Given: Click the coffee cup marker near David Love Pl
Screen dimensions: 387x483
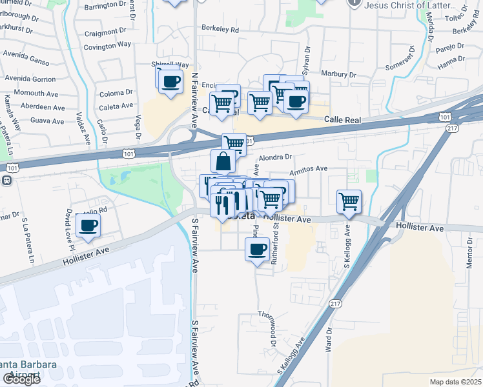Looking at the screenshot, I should click(x=88, y=226).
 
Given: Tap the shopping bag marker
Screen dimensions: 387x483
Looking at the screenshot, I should click(x=223, y=161).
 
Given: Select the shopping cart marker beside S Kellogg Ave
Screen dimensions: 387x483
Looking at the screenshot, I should click(x=349, y=201).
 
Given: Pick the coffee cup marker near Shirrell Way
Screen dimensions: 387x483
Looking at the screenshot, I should click(x=170, y=82).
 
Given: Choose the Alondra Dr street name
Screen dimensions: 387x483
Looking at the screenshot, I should click(x=276, y=157).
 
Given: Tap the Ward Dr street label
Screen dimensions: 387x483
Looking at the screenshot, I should click(x=329, y=335).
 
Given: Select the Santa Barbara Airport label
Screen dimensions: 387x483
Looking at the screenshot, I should click(x=29, y=369).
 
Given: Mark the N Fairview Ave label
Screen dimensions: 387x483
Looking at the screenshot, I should click(x=194, y=100).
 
